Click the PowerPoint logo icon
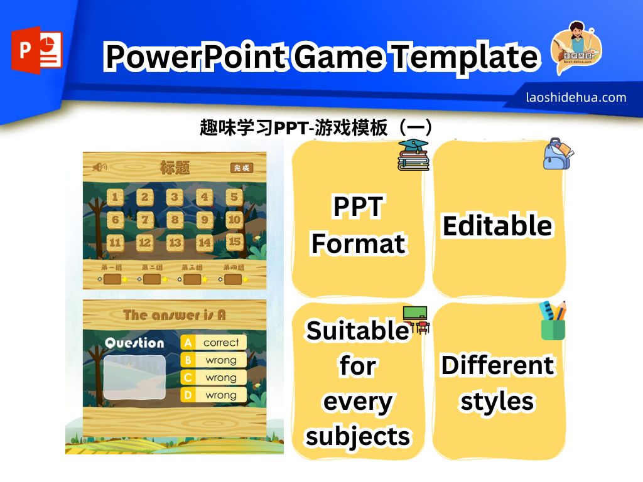coord(36,51)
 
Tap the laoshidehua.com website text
coord(576,97)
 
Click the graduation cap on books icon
coord(413,155)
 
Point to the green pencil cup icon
coord(553,321)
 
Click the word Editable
coord(497,226)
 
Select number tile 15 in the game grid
coord(234,241)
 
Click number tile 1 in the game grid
coord(115,198)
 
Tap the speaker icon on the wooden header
coord(99,167)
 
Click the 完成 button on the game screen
coord(241,168)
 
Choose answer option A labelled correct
coord(213,343)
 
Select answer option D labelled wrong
coord(213,395)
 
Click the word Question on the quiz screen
coord(134,343)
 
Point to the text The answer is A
coord(174,314)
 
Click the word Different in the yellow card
coord(497,365)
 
